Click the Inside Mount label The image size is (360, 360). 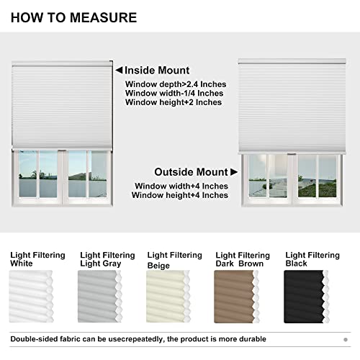157,71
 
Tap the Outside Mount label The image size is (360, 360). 191,172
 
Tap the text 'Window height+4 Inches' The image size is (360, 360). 180,195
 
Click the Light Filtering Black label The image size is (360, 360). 312,259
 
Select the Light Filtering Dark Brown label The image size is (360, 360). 243,259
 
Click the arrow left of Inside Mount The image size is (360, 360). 119,71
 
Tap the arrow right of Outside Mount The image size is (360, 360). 233,172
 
